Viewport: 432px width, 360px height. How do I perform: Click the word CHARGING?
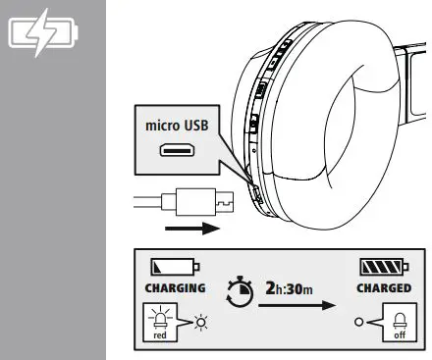tap(174, 288)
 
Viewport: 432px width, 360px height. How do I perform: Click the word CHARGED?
tap(382, 288)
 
